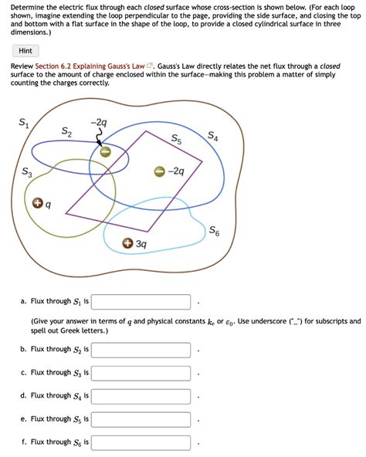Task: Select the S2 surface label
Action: (67, 134)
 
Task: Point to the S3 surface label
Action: (26, 172)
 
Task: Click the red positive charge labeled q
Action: (36, 203)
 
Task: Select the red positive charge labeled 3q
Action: (127, 244)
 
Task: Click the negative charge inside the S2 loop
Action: (105, 154)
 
